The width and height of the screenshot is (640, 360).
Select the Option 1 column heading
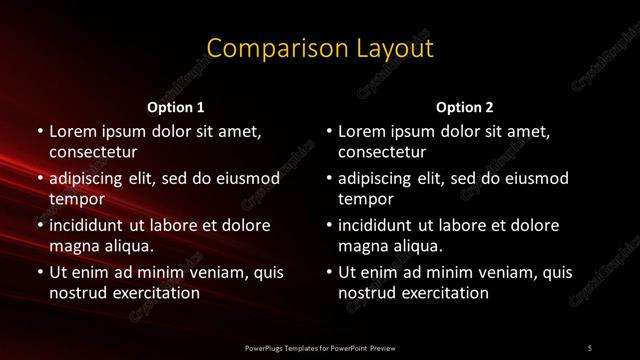[176, 106]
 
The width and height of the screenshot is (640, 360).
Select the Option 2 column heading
[465, 106]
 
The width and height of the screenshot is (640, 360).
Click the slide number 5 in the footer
[590, 347]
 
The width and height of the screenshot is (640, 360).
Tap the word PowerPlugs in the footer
[264, 347]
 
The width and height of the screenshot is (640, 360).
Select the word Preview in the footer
[381, 347]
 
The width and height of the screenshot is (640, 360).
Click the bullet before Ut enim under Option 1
[39, 272]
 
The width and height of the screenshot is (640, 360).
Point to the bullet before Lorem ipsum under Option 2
[328, 131]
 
